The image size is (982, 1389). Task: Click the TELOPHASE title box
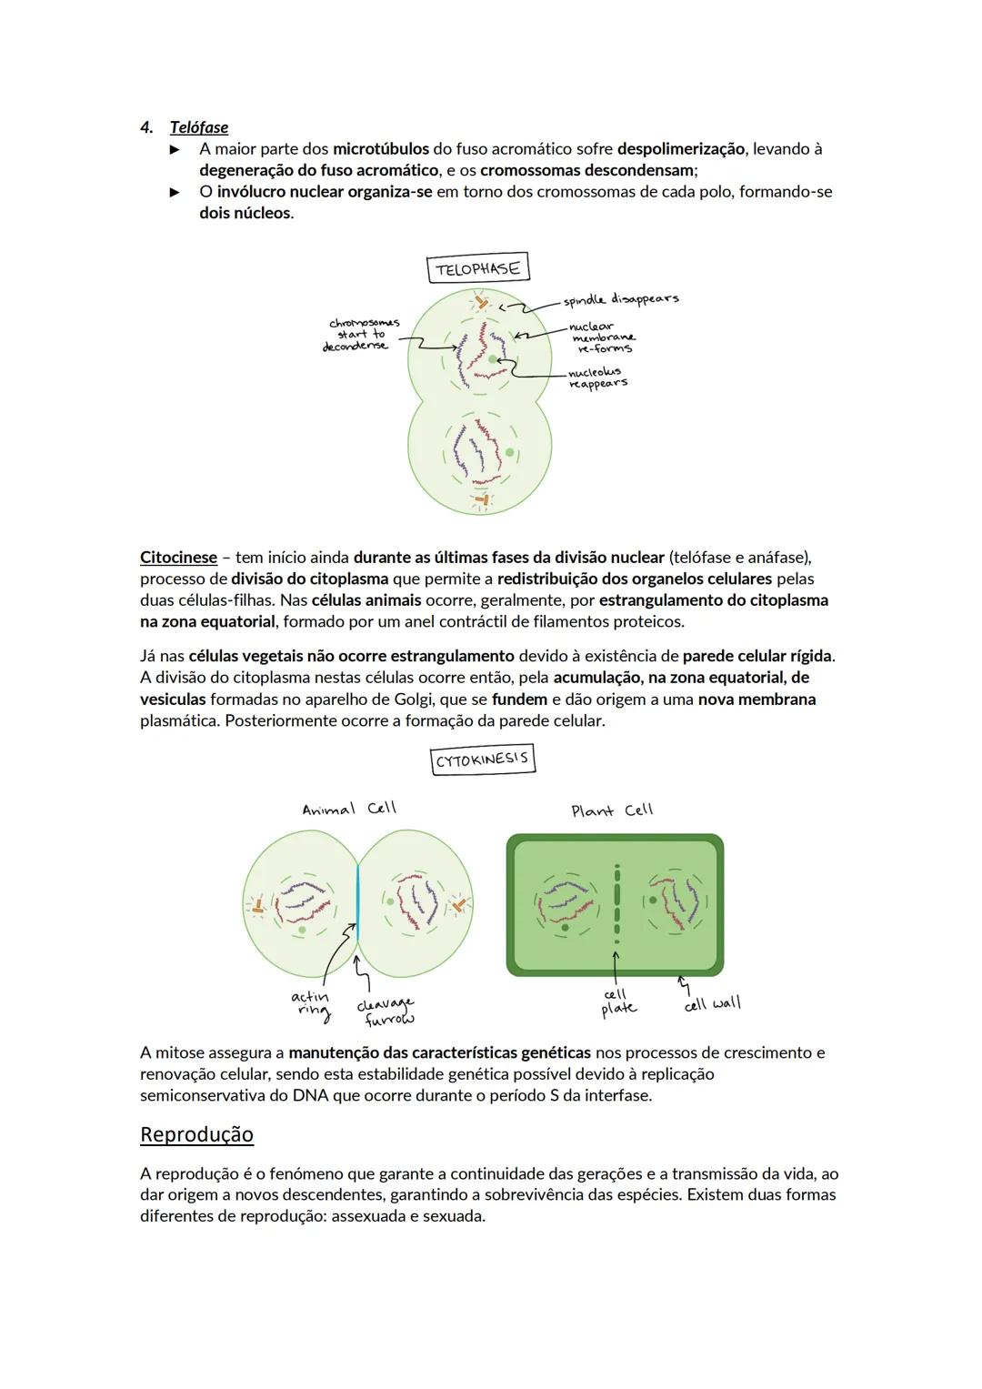(477, 268)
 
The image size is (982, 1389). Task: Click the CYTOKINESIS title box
(483, 760)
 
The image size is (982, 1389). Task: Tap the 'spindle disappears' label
(620, 299)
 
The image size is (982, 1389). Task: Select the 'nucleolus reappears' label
(596, 377)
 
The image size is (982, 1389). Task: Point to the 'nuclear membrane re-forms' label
(601, 337)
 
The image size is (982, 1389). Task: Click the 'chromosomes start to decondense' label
(361, 334)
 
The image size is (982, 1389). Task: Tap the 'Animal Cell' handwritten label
(349, 809)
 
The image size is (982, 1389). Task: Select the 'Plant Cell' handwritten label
(612, 810)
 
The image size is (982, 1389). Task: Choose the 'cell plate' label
(618, 1001)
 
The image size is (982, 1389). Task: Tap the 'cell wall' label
(713, 1003)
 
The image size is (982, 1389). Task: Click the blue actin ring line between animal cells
(357, 901)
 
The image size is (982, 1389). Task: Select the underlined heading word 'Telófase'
(199, 127)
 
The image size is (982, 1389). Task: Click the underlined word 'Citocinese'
(178, 558)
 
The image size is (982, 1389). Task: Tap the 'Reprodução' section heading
(196, 1134)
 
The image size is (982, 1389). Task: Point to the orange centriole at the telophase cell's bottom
(482, 499)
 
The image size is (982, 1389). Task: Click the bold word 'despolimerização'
(680, 148)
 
